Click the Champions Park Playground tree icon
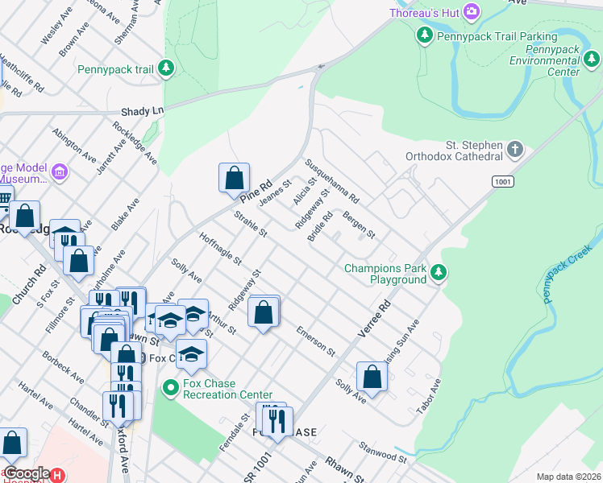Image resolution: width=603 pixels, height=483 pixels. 439,273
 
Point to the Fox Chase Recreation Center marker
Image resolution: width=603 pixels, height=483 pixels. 170,388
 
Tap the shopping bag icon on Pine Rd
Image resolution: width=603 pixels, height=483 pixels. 234,178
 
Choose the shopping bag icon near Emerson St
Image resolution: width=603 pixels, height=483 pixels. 264,313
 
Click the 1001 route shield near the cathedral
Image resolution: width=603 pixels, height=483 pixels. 502,182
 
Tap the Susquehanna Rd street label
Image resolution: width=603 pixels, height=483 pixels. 331,180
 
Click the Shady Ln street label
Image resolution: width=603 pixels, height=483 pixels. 141,111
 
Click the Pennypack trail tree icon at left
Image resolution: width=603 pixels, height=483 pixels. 166,69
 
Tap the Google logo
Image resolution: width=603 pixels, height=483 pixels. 26,473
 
